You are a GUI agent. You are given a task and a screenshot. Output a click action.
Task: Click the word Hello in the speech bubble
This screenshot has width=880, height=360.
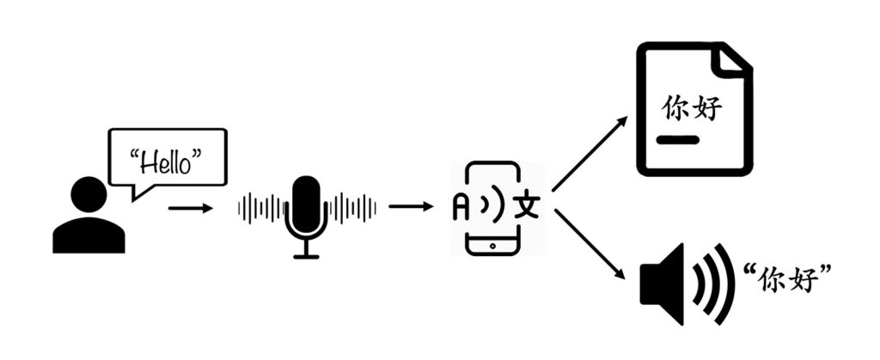tap(168, 163)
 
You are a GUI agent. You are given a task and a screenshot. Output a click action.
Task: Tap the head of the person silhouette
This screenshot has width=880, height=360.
tap(89, 194)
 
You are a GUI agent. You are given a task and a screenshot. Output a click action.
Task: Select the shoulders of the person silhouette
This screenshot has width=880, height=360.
tap(89, 235)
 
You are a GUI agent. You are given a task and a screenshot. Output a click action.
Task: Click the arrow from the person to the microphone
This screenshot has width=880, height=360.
tap(191, 209)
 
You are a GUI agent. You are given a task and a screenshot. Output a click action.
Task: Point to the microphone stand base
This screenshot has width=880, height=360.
tap(307, 256)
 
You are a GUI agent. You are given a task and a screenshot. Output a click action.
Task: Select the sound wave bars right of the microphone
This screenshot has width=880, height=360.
tap(352, 208)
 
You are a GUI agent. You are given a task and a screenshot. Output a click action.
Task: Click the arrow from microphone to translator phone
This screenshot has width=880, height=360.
tap(411, 207)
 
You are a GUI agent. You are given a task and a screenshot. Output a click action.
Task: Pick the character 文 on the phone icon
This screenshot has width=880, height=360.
tap(527, 208)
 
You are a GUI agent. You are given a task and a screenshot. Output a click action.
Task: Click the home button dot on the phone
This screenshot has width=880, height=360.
tap(492, 246)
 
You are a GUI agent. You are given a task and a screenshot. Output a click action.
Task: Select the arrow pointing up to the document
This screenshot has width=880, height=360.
tap(590, 154)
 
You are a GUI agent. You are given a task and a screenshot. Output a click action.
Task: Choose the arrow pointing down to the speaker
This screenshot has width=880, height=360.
tap(590, 244)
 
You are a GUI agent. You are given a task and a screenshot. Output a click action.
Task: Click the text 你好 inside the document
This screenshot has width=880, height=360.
tap(692, 108)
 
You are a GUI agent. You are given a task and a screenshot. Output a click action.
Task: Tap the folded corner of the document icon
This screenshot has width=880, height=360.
tap(731, 58)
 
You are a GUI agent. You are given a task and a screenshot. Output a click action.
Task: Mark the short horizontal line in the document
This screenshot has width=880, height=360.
tap(678, 140)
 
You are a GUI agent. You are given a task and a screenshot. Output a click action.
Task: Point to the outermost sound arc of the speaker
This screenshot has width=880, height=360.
tap(725, 284)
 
